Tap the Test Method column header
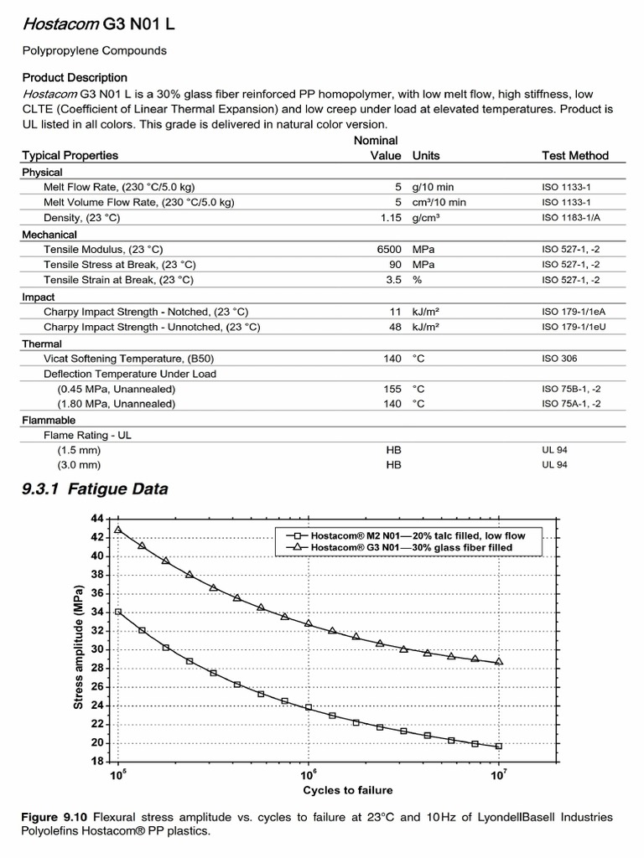click(575, 155)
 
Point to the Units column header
click(426, 155)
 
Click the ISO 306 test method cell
click(560, 358)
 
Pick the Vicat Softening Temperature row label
click(122, 358)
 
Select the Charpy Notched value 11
click(396, 312)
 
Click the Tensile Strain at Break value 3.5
click(393, 280)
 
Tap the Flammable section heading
click(49, 420)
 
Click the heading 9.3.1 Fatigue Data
click(95, 488)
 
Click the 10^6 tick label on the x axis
click(308, 774)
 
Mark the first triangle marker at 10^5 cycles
click(118, 530)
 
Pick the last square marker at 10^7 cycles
click(499, 746)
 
